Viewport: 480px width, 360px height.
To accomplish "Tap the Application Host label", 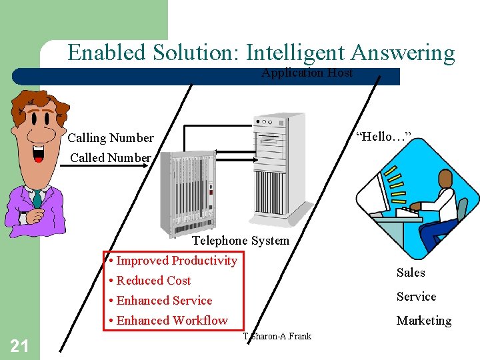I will [307, 73].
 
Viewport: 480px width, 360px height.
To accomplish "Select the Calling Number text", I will [111, 138].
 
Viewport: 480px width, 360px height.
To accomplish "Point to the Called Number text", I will [111, 157].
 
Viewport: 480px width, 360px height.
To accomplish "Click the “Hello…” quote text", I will [383, 137].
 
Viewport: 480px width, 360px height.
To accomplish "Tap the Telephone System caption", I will [241, 241].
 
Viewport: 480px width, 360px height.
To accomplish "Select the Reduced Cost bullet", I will [153, 281].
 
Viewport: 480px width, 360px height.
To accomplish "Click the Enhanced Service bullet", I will [164, 301].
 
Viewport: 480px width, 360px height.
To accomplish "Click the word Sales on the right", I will [411, 273].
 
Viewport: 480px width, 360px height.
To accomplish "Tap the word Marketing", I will [424, 321].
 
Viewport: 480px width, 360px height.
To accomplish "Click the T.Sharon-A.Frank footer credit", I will [277, 336].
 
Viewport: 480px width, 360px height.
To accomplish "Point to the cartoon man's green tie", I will [37, 199].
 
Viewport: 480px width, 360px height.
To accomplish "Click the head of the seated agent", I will [445, 178].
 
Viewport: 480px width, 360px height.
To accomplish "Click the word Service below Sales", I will [416, 297].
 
